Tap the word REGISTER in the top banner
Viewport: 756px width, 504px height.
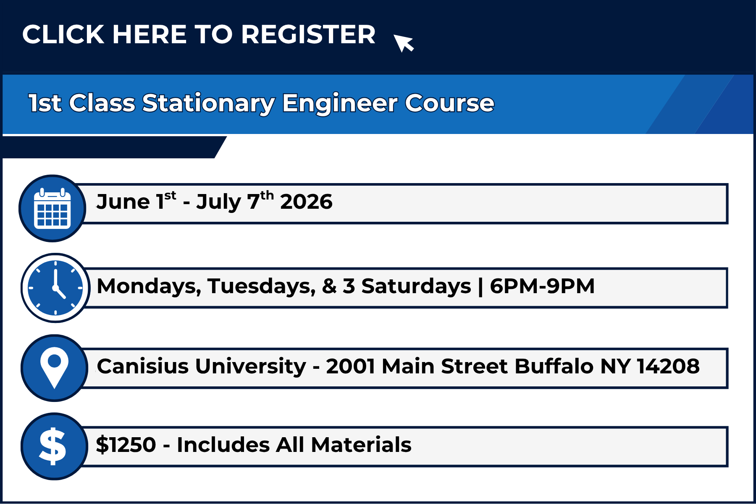click(308, 34)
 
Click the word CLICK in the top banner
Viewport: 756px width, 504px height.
click(63, 34)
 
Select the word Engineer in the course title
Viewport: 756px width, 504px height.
click(340, 103)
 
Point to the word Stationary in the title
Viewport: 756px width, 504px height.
click(208, 103)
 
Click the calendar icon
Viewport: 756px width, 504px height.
click(52, 208)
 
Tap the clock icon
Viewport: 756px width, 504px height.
click(55, 288)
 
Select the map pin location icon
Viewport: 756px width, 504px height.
click(54, 368)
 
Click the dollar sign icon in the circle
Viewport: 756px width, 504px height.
click(52, 446)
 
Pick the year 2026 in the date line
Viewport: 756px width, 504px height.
click(306, 202)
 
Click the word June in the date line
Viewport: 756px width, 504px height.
click(123, 202)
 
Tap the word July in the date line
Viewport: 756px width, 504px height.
click(218, 202)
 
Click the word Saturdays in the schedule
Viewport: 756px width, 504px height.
click(416, 286)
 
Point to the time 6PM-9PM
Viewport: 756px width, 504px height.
click(542, 286)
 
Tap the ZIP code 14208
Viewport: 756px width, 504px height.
click(668, 366)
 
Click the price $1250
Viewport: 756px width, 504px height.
click(126, 444)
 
